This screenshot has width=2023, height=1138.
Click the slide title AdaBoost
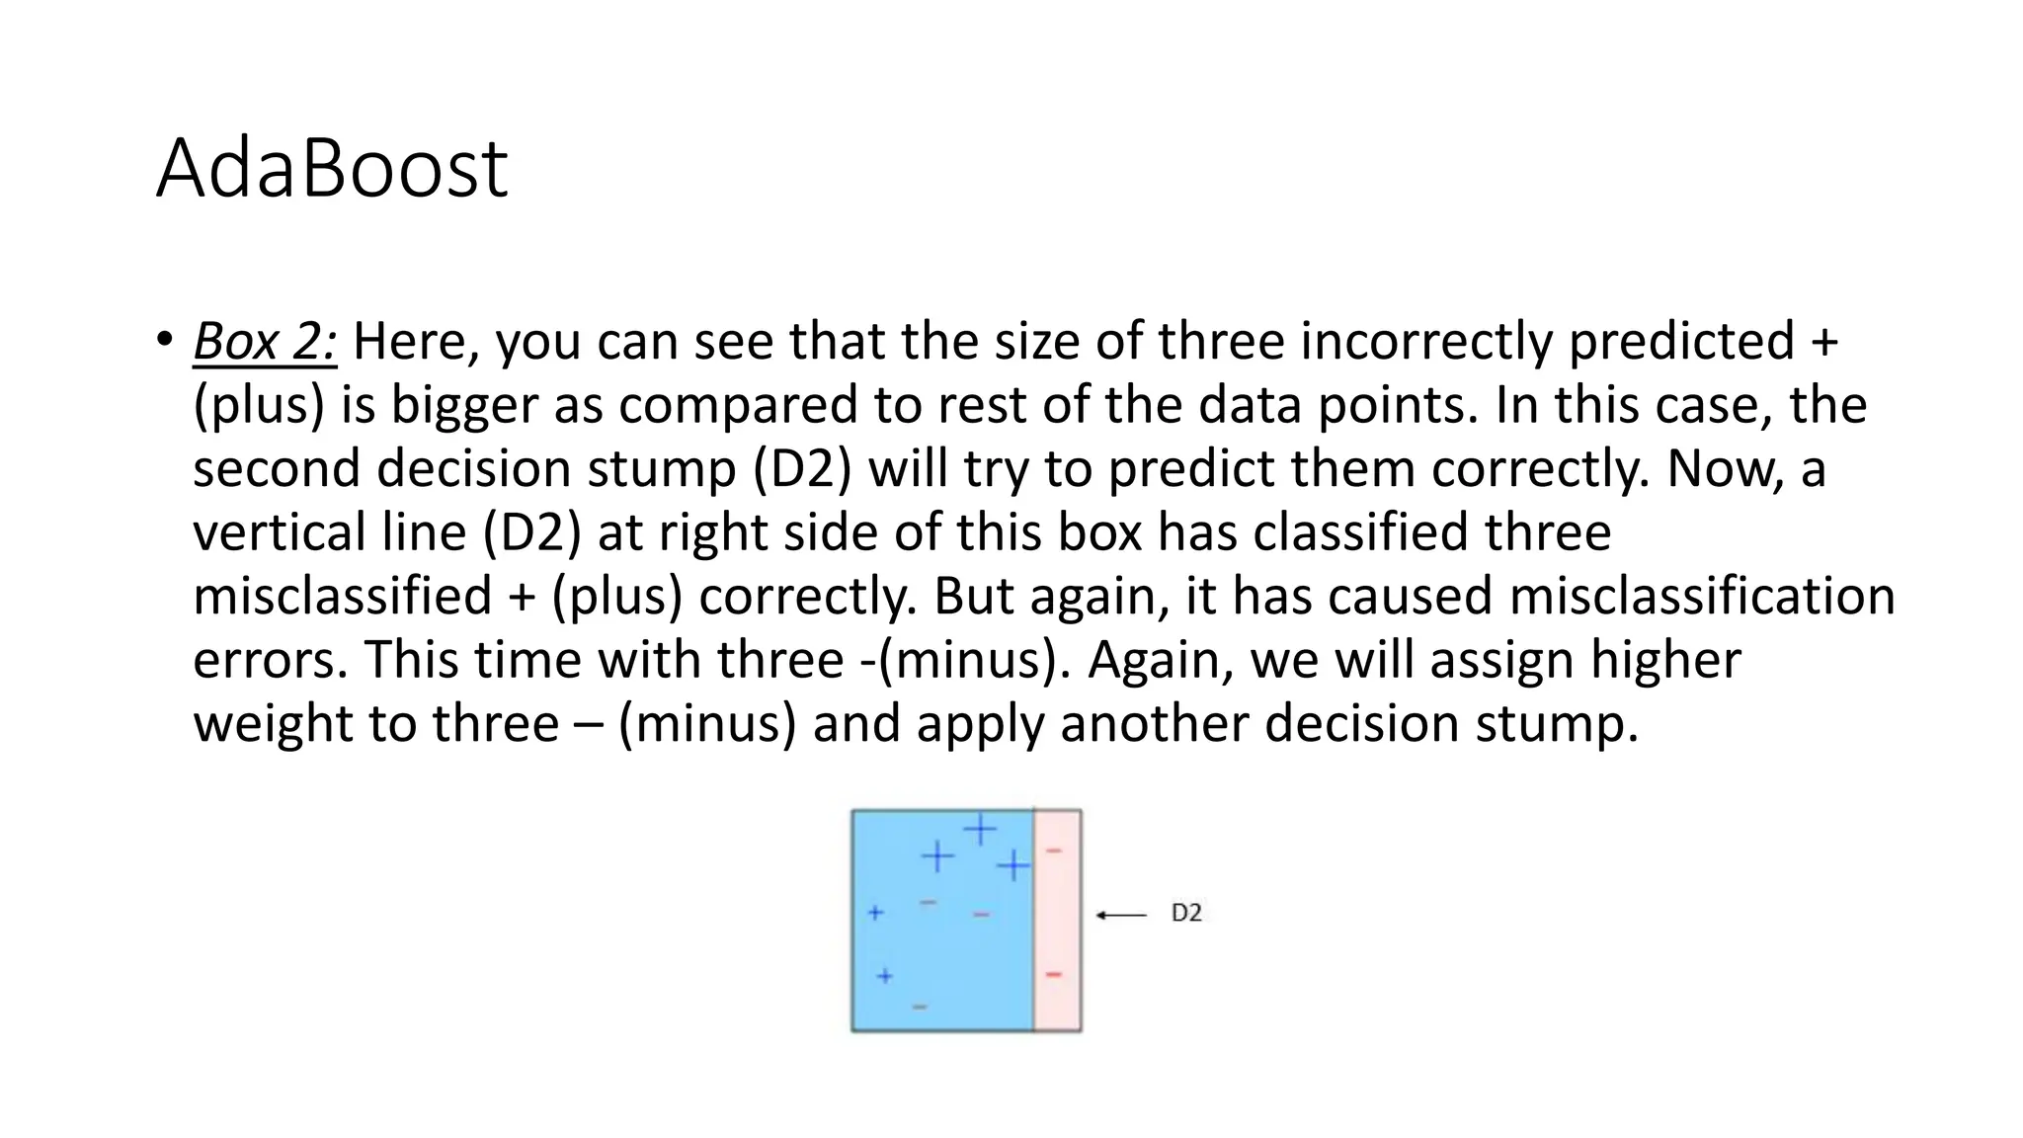tap(332, 168)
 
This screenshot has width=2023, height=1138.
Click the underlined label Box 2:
tap(265, 342)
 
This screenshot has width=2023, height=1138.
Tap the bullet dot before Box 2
tap(164, 339)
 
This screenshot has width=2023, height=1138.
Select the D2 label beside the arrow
tap(1186, 914)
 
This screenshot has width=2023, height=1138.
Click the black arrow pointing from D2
tap(1121, 915)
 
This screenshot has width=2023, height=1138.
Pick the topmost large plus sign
tap(980, 828)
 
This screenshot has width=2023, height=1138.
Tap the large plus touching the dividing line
tap(1013, 866)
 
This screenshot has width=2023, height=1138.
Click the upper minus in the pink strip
tap(1054, 850)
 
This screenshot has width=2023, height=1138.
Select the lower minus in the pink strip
tap(1054, 975)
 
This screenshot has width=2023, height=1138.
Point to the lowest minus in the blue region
tap(920, 1007)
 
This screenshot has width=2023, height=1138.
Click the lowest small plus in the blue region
tap(885, 975)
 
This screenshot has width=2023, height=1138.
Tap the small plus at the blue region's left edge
tap(875, 913)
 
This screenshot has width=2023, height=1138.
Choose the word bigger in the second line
tap(464, 405)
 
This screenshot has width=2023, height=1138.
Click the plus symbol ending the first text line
tap(1824, 342)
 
